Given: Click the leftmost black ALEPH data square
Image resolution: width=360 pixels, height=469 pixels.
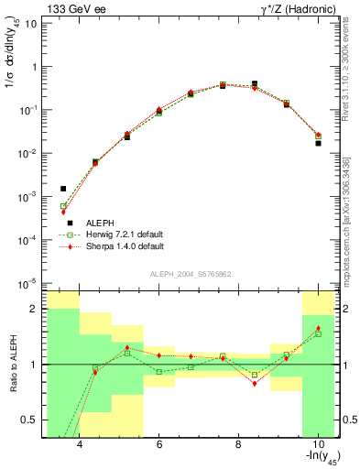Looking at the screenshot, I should pos(63,189).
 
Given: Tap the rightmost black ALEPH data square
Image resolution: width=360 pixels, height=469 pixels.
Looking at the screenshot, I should pos(318,143).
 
